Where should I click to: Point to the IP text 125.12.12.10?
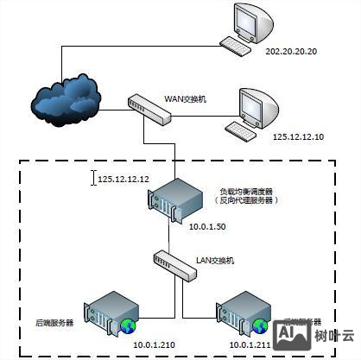(298, 136)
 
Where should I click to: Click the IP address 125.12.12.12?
(123, 179)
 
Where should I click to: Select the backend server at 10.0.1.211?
(245, 312)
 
